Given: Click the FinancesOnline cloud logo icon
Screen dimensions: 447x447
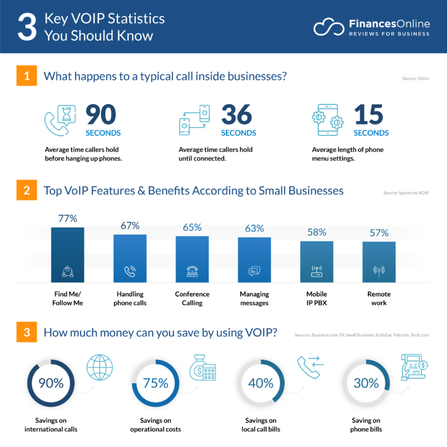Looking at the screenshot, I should pos(329,27).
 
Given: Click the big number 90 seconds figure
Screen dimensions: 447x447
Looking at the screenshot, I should pos(101,115).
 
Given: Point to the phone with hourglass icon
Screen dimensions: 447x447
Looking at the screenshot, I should pos(60,120).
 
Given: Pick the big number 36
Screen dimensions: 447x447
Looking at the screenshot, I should pos(236,115).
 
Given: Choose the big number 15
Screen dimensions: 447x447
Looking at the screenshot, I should pos(368,115).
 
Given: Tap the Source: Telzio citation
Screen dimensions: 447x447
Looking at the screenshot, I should pos(415,78).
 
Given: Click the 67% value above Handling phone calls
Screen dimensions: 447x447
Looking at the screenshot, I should pos(129,225).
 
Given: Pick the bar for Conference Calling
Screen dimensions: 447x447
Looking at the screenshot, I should pos(192,259).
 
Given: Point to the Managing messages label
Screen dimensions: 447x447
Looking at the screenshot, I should pos(254,299).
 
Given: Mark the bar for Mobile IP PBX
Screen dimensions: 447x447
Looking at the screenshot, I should pos(317,262).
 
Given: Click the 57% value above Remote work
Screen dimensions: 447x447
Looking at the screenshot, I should pos(379,233).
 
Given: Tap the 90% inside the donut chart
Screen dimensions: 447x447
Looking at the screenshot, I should pos(51,383).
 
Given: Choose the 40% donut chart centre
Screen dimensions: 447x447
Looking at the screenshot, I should pos(260,383).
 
